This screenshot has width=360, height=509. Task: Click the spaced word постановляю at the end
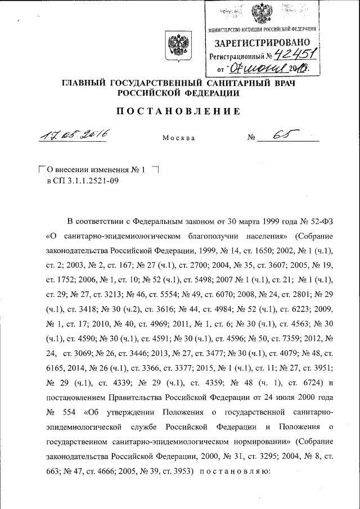click(240, 473)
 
